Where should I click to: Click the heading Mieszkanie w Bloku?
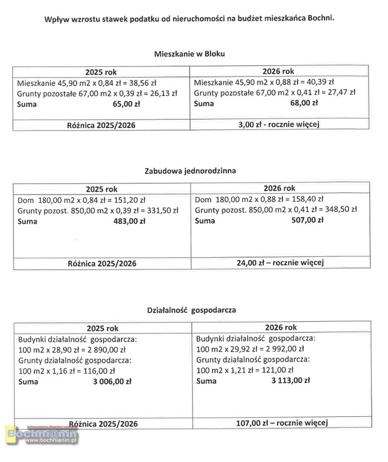pos(190,53)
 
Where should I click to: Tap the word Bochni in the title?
pos(322,18)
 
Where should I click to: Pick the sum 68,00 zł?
pos(304,103)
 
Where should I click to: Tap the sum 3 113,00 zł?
pos(290,380)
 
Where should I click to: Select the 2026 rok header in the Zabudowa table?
pos(280,188)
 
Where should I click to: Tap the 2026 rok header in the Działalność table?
pos(281,327)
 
